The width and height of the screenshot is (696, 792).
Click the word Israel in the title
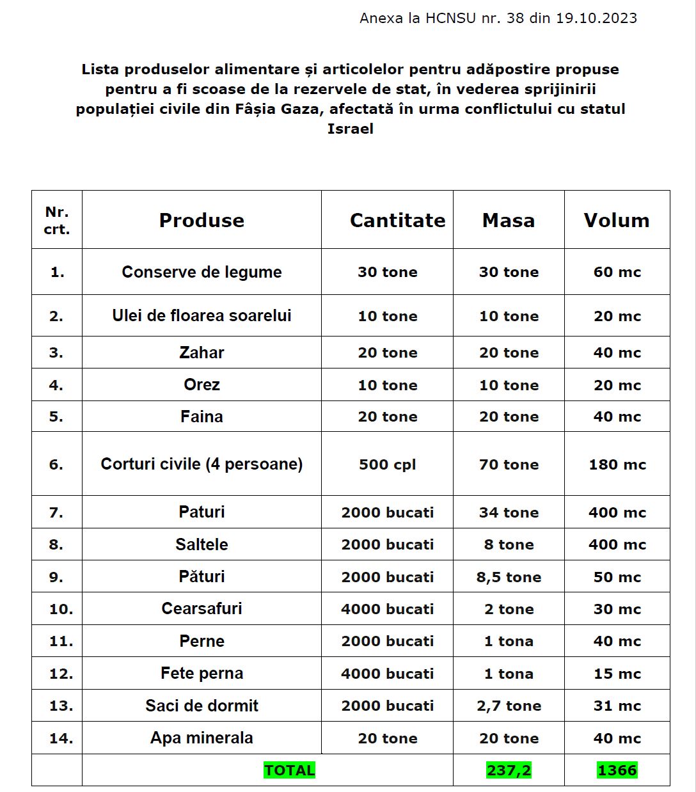tap(350, 129)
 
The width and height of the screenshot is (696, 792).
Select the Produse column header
tap(202, 220)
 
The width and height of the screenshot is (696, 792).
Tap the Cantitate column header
tap(397, 220)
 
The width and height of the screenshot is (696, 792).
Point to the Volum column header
tap(617, 220)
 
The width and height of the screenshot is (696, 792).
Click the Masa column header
tap(509, 220)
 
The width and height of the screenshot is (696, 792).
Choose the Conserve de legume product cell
tap(202, 272)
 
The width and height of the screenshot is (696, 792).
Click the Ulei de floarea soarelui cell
tap(202, 315)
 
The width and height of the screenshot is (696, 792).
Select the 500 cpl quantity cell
tap(387, 464)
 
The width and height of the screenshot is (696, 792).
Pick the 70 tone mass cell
tap(509, 464)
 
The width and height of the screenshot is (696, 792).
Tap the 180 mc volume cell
tap(617, 464)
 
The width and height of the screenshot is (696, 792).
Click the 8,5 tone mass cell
tap(509, 577)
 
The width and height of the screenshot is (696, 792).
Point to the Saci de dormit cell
tap(202, 706)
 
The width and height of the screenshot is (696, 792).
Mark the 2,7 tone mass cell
tap(509, 706)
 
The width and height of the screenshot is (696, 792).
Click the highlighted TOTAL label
tap(289, 770)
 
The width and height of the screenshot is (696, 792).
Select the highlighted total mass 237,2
tap(509, 770)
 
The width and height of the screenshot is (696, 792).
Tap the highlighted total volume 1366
tap(617, 770)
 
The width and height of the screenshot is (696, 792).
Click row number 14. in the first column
tap(61, 738)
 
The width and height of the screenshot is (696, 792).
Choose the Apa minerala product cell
tap(202, 738)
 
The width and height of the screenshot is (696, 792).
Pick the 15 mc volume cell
tap(617, 674)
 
